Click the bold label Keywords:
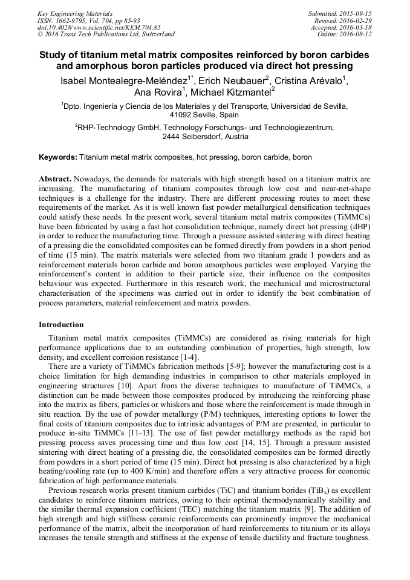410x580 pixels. (x=58, y=157)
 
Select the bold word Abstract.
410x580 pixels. (x=54, y=180)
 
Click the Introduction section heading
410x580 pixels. (x=61, y=325)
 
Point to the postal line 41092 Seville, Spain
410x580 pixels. (x=205, y=114)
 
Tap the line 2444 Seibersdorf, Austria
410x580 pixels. (x=205, y=137)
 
